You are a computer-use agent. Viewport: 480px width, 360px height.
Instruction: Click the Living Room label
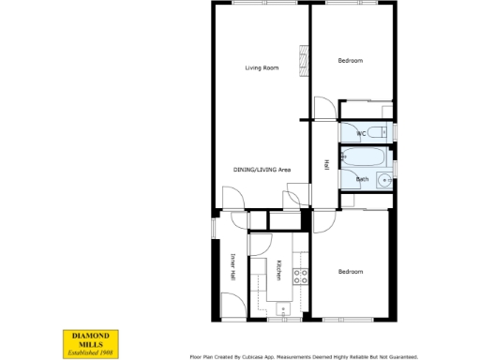tap(262, 67)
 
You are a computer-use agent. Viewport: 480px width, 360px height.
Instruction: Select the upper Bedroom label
tap(350, 61)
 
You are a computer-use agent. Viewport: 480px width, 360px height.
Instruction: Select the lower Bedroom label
tap(350, 272)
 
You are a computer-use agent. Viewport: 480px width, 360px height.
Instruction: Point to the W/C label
tap(362, 134)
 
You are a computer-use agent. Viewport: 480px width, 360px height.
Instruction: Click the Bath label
tap(362, 178)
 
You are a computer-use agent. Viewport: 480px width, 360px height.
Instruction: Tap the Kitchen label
tap(278, 270)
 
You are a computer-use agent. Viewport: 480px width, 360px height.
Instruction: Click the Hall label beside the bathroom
tap(325, 165)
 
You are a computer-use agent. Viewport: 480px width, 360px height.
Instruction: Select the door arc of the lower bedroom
tap(323, 220)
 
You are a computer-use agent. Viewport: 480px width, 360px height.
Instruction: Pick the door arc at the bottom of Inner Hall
tap(232, 305)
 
